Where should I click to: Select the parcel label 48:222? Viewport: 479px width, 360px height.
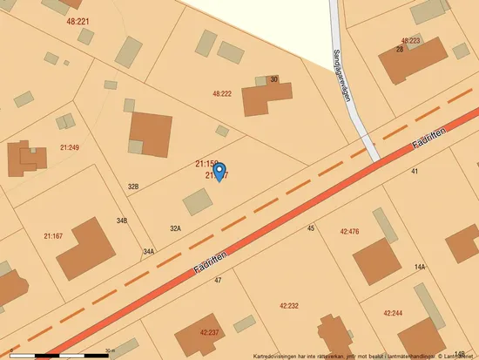[222, 93]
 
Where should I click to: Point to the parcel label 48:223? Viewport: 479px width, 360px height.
[410, 40]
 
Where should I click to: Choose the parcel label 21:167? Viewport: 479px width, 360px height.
[53, 235]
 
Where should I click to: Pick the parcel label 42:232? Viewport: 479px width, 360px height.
[289, 306]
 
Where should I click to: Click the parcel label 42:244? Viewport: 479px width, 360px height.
[393, 312]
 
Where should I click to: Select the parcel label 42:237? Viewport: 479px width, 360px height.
[210, 332]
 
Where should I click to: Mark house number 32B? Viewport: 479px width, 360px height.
[133, 187]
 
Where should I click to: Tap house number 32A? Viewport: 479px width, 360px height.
[175, 228]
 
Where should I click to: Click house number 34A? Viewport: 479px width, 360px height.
[149, 251]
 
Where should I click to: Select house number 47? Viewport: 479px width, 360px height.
[218, 280]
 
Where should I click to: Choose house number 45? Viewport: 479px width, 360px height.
[311, 228]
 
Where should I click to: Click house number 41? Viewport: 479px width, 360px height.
[415, 171]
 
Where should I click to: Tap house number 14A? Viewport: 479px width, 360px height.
[420, 267]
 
